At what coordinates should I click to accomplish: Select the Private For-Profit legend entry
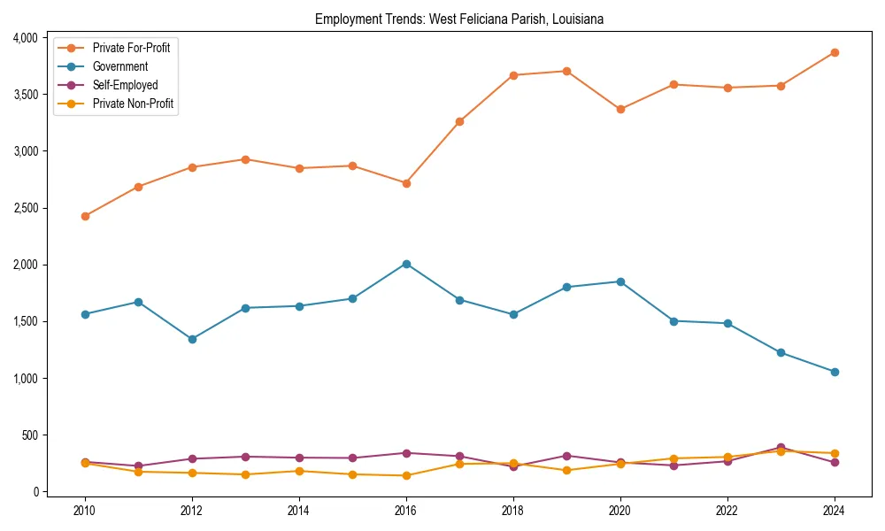pyautogui.click(x=131, y=48)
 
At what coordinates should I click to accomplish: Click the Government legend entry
pyautogui.click(x=120, y=66)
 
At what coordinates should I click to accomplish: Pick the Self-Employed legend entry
pyautogui.click(x=125, y=85)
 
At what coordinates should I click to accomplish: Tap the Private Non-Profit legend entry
pyautogui.click(x=133, y=104)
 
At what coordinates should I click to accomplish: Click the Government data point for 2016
pyautogui.click(x=406, y=264)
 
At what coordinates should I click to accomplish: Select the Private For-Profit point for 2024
pyautogui.click(x=835, y=52)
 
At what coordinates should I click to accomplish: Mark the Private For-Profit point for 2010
pyautogui.click(x=85, y=216)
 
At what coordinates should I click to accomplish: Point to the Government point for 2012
pyautogui.click(x=192, y=339)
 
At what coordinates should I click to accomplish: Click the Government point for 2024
pyautogui.click(x=835, y=372)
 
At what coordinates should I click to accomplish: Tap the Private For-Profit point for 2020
pyautogui.click(x=620, y=109)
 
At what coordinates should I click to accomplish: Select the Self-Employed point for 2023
pyautogui.click(x=781, y=448)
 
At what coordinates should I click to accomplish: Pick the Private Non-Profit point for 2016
pyautogui.click(x=406, y=475)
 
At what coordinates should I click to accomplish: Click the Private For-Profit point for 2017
pyautogui.click(x=459, y=121)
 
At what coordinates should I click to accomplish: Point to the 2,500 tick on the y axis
pyautogui.click(x=25, y=208)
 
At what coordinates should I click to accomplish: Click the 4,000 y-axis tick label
pyautogui.click(x=25, y=38)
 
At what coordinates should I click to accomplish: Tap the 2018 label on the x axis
pyautogui.click(x=513, y=511)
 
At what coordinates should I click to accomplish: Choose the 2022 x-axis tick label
pyautogui.click(x=727, y=511)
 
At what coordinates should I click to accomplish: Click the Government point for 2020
pyautogui.click(x=620, y=281)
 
